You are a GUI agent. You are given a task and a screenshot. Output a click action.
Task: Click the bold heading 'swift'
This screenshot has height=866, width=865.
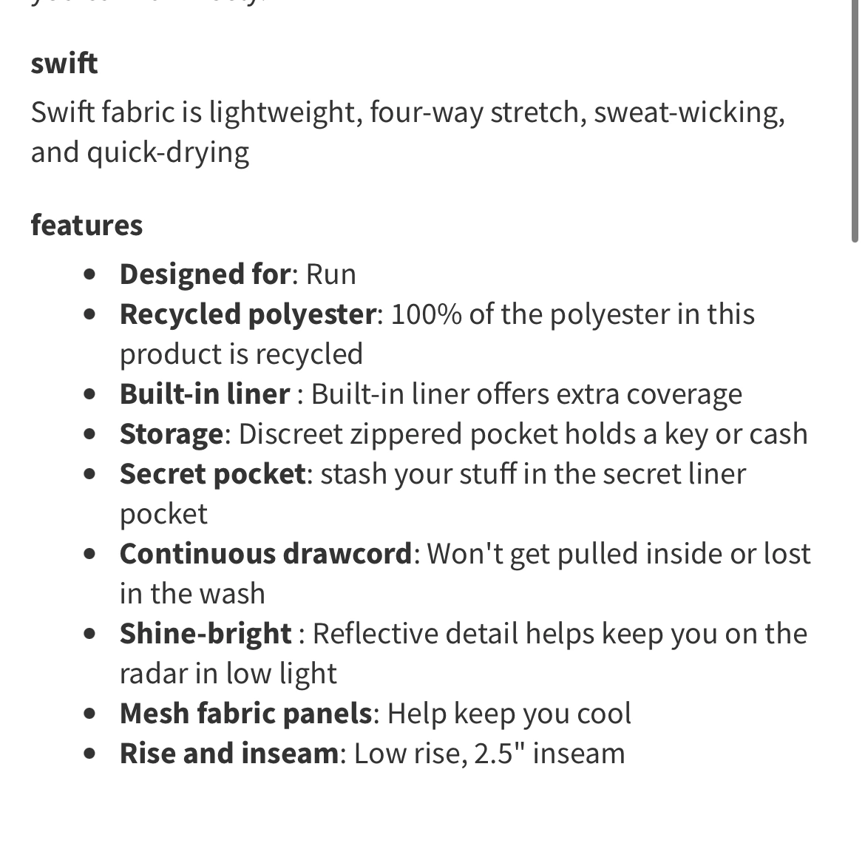pyautogui.click(x=64, y=64)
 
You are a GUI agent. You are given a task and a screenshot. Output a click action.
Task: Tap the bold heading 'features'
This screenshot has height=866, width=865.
pyautogui.click(x=86, y=225)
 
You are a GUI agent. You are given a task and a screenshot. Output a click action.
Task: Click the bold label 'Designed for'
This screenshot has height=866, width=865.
pyautogui.click(x=205, y=274)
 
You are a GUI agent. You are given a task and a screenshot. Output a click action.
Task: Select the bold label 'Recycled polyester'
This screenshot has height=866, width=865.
pyautogui.click(x=248, y=314)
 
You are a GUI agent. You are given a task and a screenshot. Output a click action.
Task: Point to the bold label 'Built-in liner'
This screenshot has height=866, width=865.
pyautogui.click(x=205, y=394)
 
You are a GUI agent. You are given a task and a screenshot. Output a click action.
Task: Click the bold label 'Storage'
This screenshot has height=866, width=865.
pyautogui.click(x=171, y=434)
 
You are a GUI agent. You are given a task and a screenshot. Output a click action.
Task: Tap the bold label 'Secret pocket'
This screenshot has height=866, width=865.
pyautogui.click(x=212, y=474)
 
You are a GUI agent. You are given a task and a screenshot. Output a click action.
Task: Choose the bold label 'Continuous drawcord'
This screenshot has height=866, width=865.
pyautogui.click(x=265, y=554)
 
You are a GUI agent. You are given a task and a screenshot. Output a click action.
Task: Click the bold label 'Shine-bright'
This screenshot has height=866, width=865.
pyautogui.click(x=206, y=634)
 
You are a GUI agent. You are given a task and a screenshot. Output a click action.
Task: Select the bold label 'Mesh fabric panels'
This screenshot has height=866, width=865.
pyautogui.click(x=245, y=714)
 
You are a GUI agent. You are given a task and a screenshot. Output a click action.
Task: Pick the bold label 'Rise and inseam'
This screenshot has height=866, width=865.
pyautogui.click(x=229, y=754)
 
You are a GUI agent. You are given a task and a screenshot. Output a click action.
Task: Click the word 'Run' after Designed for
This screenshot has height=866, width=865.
pyautogui.click(x=331, y=274)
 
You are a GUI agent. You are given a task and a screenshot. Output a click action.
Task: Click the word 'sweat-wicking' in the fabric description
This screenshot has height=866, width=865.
pyautogui.click(x=688, y=112)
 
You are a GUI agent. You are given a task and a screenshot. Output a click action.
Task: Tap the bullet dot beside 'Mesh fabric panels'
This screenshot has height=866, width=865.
pyautogui.click(x=90, y=714)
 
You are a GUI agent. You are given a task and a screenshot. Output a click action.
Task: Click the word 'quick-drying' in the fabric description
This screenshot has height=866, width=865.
pyautogui.click(x=168, y=153)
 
